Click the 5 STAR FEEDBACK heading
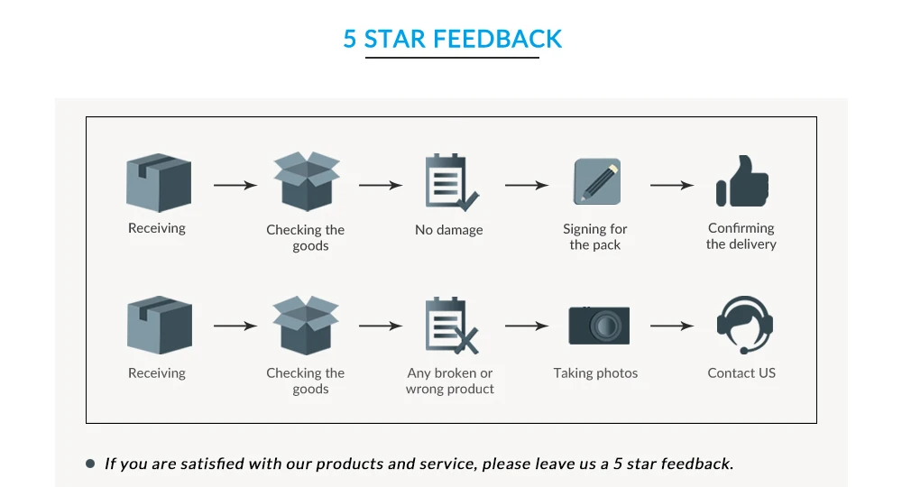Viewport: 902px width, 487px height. (x=452, y=39)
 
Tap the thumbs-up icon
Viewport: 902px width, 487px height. (x=742, y=181)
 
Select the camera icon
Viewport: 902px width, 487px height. (x=598, y=325)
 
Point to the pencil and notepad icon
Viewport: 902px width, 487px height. (x=597, y=181)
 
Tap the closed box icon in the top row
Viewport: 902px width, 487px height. (x=159, y=183)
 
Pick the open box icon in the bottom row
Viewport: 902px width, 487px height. (x=306, y=326)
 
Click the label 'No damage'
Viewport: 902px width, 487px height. (x=448, y=230)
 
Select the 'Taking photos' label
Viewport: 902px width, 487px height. (x=595, y=373)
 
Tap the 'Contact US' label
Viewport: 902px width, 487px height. (x=741, y=373)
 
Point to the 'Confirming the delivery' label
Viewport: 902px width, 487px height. (x=741, y=236)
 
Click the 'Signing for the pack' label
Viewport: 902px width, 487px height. (x=595, y=237)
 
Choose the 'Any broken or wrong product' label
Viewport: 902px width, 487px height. (x=450, y=381)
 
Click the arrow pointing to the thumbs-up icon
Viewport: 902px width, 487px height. (x=672, y=185)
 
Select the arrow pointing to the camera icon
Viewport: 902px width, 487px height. (x=526, y=326)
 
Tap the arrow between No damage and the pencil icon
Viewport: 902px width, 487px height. (x=526, y=185)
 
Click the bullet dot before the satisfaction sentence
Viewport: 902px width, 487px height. (x=90, y=464)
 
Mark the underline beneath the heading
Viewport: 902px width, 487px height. (x=452, y=58)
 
